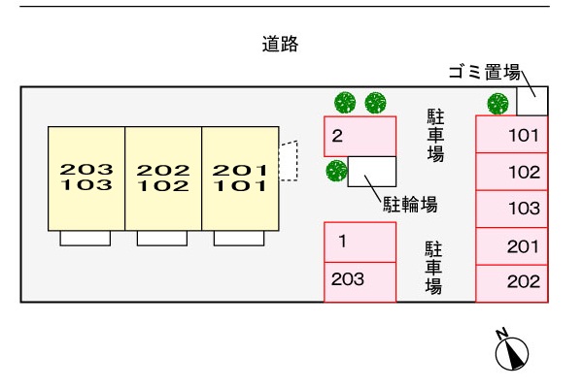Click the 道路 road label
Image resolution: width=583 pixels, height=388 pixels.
pos(280,44)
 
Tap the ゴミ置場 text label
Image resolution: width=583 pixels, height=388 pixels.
pos(484,72)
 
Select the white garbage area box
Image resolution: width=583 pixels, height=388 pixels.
pos(532,101)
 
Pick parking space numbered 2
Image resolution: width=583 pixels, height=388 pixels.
pos(360,136)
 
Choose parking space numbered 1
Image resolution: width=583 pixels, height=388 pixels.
pos(360,242)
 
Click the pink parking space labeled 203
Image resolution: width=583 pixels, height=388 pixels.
pos(360,282)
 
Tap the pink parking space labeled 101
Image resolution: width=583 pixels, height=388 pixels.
pos(512,134)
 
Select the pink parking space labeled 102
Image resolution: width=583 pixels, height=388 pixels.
pos(512,172)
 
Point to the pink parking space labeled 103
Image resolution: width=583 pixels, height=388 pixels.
pos(512,210)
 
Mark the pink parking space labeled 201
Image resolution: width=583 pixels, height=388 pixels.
pos(512,246)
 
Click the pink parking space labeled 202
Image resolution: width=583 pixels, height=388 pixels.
pos(512,283)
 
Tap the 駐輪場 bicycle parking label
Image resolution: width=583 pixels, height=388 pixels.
pos(410,205)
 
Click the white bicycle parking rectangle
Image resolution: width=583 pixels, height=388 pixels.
pos(372,172)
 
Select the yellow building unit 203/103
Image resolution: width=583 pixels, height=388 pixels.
pos(86,178)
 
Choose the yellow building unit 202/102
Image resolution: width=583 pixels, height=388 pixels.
pos(163,178)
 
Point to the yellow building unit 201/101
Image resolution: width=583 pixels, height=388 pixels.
pos(240,178)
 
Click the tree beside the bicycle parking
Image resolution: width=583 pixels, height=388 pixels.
pos(336,171)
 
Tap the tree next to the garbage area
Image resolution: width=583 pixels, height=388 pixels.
pos(497,104)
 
